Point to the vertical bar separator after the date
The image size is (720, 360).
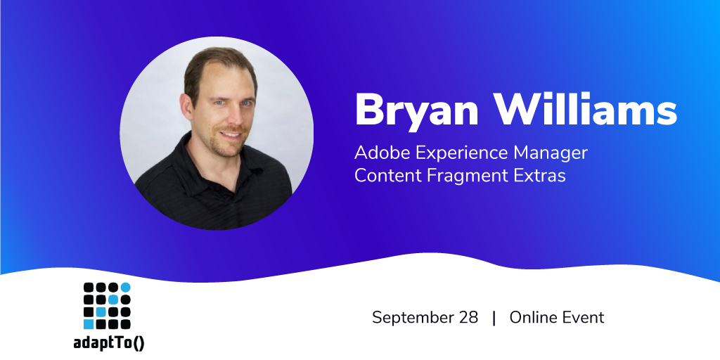tap(494, 318)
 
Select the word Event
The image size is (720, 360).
tap(581, 317)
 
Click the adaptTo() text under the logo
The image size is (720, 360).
tap(109, 344)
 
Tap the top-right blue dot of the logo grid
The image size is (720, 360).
tap(125, 288)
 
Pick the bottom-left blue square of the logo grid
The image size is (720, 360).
tap(89, 325)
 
